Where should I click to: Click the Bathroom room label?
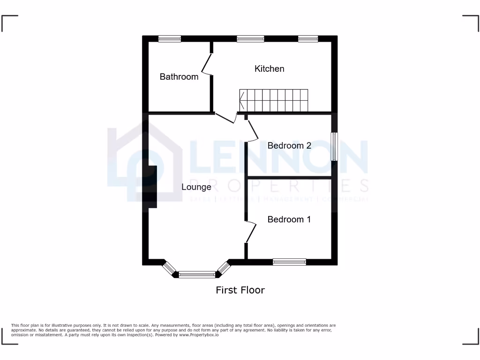coord(179,76)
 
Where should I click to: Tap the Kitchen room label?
coord(269,68)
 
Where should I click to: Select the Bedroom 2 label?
coord(289,145)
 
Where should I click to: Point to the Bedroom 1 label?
coord(289,219)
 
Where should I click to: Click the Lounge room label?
coord(196,187)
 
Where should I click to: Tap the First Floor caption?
coord(240,290)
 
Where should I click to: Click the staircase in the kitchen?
coord(274,100)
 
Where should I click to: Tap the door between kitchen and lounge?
coord(225,118)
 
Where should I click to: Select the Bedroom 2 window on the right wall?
coord(334,146)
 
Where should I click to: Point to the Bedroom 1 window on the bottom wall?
coord(289,262)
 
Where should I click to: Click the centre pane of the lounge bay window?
coord(197,275)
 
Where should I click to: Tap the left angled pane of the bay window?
coord(169,269)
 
